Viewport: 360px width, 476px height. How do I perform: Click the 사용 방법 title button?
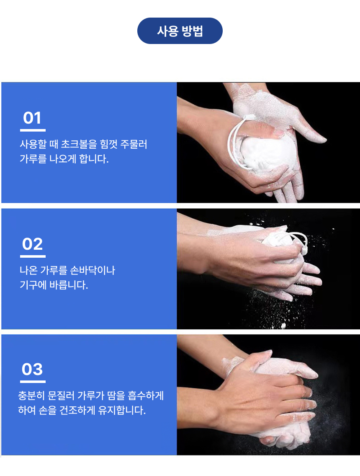(x=180, y=31)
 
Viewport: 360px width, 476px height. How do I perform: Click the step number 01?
(x=32, y=118)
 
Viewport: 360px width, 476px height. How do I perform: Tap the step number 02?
(x=33, y=244)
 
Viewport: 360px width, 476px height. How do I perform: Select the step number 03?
(x=32, y=369)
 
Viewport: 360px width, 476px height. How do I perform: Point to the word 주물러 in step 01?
(x=134, y=144)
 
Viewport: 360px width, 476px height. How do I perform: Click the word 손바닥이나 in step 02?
(x=93, y=270)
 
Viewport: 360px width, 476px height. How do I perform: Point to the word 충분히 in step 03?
(x=31, y=395)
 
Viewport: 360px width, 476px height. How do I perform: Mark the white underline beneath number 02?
(x=33, y=256)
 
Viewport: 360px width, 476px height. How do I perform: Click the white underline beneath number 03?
(x=33, y=382)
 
